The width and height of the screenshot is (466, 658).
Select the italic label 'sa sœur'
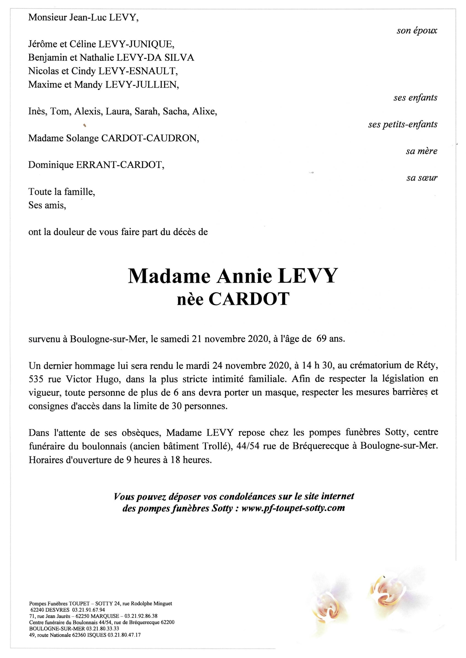[x=422, y=178]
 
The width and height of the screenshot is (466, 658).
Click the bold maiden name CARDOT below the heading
[x=248, y=299]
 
